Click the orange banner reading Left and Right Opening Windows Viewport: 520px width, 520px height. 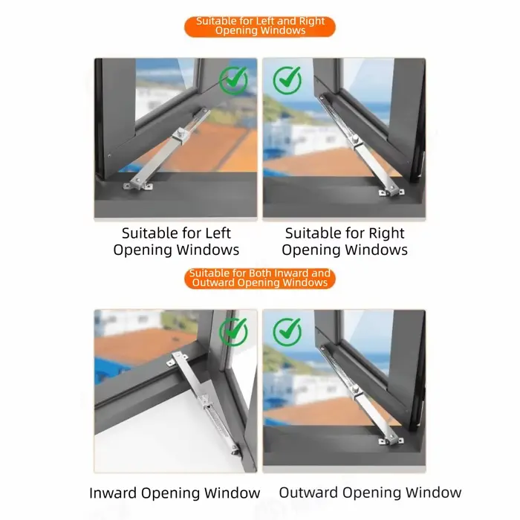click(x=260, y=27)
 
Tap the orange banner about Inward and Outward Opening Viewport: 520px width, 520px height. click(x=260, y=279)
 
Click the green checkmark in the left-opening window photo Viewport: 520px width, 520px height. click(x=233, y=80)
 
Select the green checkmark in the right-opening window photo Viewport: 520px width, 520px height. click(x=287, y=80)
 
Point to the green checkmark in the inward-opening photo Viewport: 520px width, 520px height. click(x=233, y=331)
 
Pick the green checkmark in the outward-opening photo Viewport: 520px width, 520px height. click(x=287, y=331)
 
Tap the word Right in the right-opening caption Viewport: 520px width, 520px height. click(x=387, y=233)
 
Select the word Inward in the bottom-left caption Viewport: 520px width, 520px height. click(x=113, y=493)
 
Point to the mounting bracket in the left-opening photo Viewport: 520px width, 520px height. click(x=138, y=186)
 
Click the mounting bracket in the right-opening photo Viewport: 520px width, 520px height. click(x=391, y=192)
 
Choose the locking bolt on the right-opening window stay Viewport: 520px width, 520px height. click(x=356, y=139)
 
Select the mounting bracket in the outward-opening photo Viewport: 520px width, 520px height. click(x=391, y=441)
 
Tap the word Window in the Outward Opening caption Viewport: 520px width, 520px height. click(x=433, y=493)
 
